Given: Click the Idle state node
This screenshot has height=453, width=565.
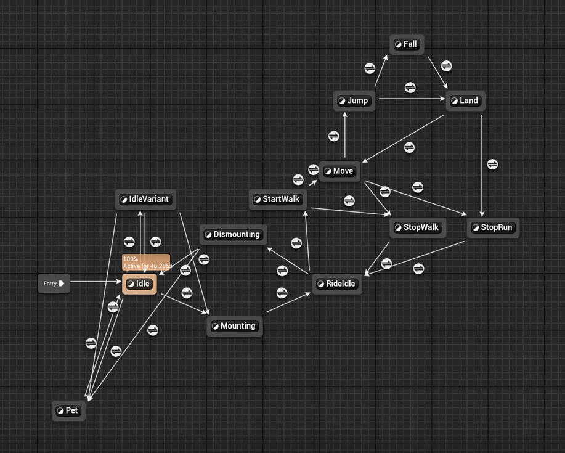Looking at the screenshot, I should (140, 284).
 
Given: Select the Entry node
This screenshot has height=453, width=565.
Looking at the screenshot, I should (54, 284).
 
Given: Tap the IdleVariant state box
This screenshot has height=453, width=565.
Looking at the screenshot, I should (146, 199).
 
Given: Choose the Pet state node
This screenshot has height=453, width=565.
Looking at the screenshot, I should (68, 410).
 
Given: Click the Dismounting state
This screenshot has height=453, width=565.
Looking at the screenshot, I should (234, 234).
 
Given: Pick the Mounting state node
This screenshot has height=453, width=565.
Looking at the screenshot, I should (235, 326).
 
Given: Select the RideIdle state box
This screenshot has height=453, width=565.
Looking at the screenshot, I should (337, 284).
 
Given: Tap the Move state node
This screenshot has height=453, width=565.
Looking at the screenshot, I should (339, 171).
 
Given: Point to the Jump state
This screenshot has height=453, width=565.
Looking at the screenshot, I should (354, 100).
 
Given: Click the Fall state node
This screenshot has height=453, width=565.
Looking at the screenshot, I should (407, 44).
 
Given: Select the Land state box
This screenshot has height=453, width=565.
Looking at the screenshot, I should (465, 100).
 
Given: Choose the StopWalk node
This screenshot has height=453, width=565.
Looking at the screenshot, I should (418, 227).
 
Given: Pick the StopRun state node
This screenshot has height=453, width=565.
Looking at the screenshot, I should (493, 227).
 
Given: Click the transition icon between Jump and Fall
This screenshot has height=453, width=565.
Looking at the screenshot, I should (370, 68).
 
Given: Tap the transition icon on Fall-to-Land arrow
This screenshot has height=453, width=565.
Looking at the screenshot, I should (446, 65).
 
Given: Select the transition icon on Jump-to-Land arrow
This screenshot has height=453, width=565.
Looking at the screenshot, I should (410, 88).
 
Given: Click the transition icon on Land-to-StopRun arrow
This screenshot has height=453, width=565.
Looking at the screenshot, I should (492, 164).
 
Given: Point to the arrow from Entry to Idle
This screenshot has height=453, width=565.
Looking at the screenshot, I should (96, 282).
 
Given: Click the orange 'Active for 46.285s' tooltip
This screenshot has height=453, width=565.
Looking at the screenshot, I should (146, 263).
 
